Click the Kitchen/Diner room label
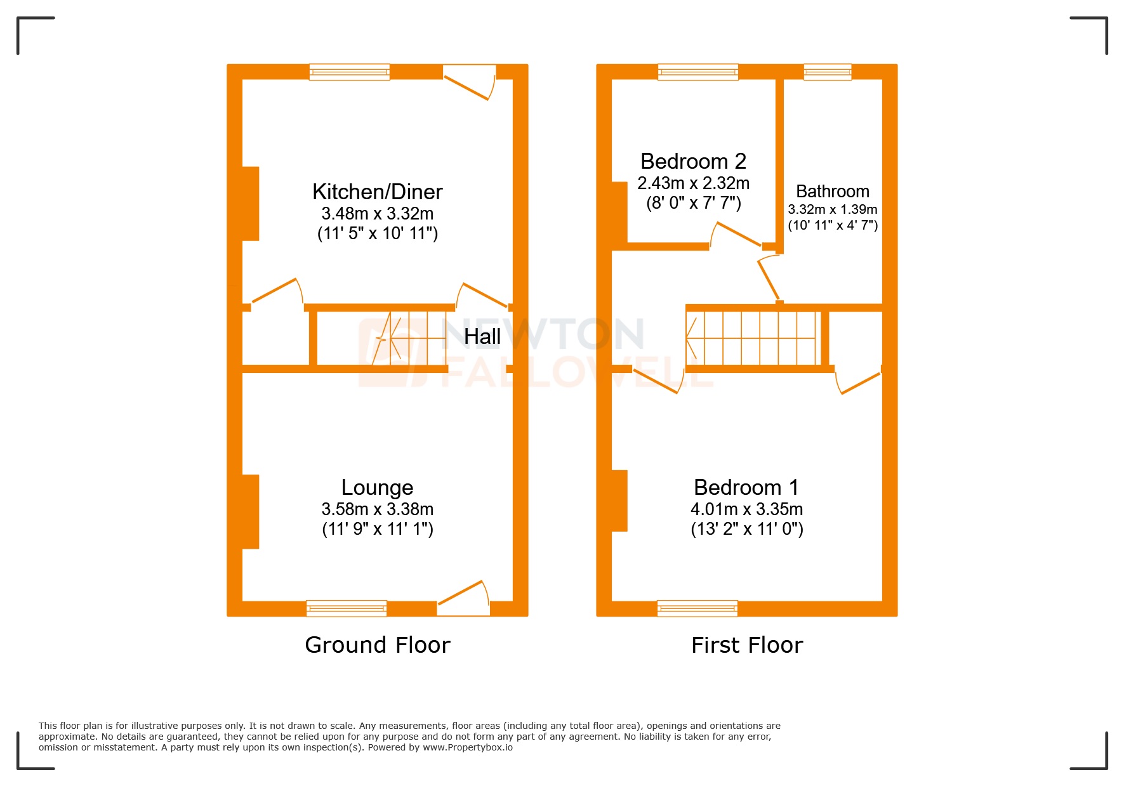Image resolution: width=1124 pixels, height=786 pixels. [x=377, y=192]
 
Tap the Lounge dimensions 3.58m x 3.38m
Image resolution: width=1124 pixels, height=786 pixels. [x=377, y=509]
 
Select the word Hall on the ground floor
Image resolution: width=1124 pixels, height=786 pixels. [x=482, y=336]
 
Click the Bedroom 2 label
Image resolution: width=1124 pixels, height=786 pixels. [x=693, y=161]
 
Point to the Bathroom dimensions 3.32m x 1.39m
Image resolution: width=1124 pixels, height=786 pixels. [x=832, y=209]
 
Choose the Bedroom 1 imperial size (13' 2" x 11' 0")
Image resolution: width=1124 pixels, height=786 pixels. [x=746, y=529]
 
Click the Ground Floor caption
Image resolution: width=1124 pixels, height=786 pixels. [x=377, y=645]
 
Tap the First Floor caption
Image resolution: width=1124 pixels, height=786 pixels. [x=746, y=645]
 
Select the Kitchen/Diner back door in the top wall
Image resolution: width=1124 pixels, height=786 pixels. [x=469, y=82]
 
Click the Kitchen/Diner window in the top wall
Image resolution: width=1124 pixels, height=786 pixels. [x=349, y=72]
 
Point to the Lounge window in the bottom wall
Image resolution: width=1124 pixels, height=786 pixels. [x=346, y=608]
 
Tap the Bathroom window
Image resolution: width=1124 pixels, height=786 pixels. [x=827, y=72]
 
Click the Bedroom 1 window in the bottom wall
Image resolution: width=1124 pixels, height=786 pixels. [x=697, y=608]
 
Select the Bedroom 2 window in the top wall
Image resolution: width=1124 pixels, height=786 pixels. [x=698, y=72]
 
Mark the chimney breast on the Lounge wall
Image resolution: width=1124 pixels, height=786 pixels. [x=251, y=511]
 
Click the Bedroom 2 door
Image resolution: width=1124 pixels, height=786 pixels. [x=736, y=235]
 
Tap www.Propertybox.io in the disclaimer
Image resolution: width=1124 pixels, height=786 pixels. [x=467, y=747]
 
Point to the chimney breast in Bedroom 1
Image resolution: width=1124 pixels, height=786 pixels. [x=619, y=500]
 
